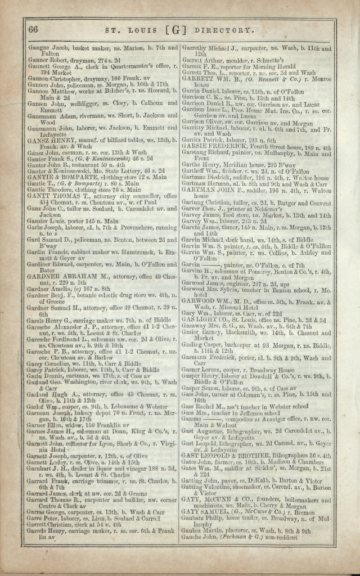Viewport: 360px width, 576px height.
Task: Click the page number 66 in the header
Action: (x=33, y=29)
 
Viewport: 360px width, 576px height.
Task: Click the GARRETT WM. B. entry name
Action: (x=209, y=79)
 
